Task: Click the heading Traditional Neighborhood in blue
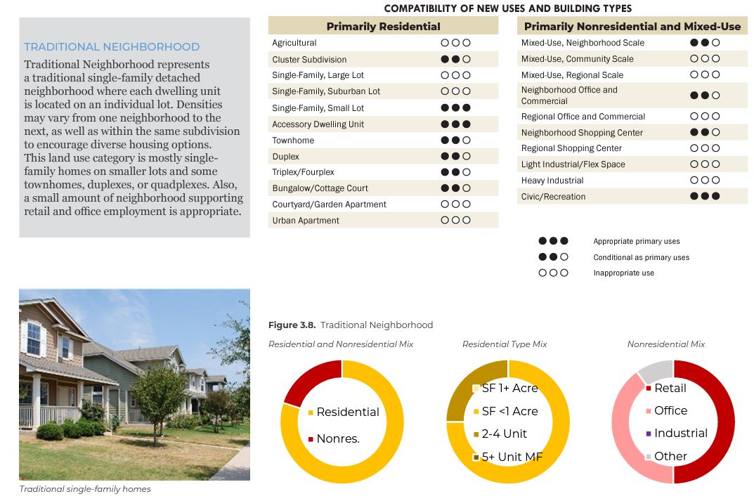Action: (x=112, y=47)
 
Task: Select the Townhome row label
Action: (x=293, y=141)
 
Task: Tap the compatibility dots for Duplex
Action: (x=455, y=156)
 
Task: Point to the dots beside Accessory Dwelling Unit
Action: (x=455, y=124)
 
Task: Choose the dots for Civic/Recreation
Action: (x=705, y=197)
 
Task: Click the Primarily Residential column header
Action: (x=383, y=27)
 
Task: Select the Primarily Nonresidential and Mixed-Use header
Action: (x=632, y=27)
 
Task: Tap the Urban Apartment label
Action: (x=306, y=221)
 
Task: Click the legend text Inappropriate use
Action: (x=623, y=273)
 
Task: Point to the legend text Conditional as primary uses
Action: (x=641, y=258)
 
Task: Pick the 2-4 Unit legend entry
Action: (x=505, y=434)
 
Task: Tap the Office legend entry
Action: (x=670, y=411)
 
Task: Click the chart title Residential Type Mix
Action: (x=505, y=344)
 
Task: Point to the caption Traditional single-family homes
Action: (x=85, y=489)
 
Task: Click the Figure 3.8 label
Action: (x=292, y=325)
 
